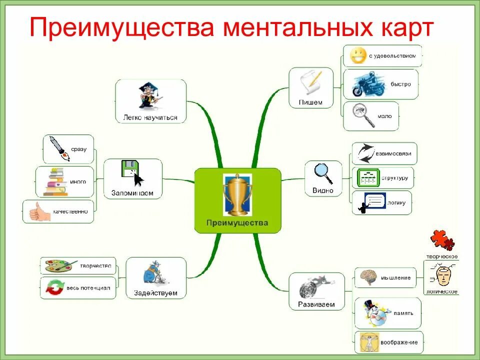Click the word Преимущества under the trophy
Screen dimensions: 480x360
coord(237,223)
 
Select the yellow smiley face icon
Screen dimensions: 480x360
coord(358,55)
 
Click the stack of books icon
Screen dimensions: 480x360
coord(55,181)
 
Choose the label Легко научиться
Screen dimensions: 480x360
coord(150,118)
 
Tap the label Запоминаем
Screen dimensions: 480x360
coord(132,193)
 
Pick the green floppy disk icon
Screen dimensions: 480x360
coord(129,169)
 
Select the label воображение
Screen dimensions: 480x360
coord(398,342)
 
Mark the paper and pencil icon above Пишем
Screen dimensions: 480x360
coord(310,82)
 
